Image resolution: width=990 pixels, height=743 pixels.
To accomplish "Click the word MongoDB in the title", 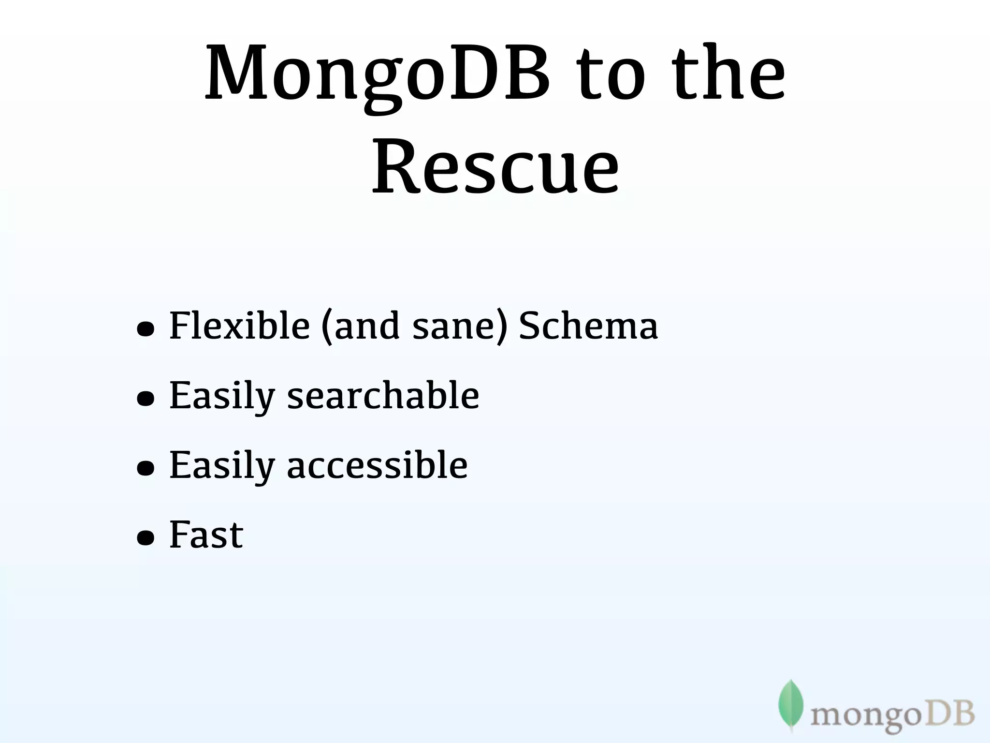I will (x=377, y=75).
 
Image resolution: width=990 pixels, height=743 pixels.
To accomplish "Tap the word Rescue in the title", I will (x=495, y=167).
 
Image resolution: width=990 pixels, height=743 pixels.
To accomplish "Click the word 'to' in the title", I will (x=612, y=77).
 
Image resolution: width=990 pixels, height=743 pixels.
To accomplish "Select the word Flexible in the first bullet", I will (x=239, y=325).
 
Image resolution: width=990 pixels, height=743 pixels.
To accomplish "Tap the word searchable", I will (x=383, y=395).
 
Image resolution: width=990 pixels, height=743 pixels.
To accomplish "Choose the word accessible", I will (x=377, y=465).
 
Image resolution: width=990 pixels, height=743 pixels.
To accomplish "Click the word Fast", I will (x=206, y=535).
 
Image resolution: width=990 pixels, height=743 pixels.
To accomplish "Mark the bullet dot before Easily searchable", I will (x=146, y=399).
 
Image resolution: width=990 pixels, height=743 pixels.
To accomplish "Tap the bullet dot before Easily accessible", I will (x=146, y=468).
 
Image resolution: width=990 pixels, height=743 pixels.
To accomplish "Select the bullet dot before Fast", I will (x=146, y=538).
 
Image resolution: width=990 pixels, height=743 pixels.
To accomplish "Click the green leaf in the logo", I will (x=791, y=704).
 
